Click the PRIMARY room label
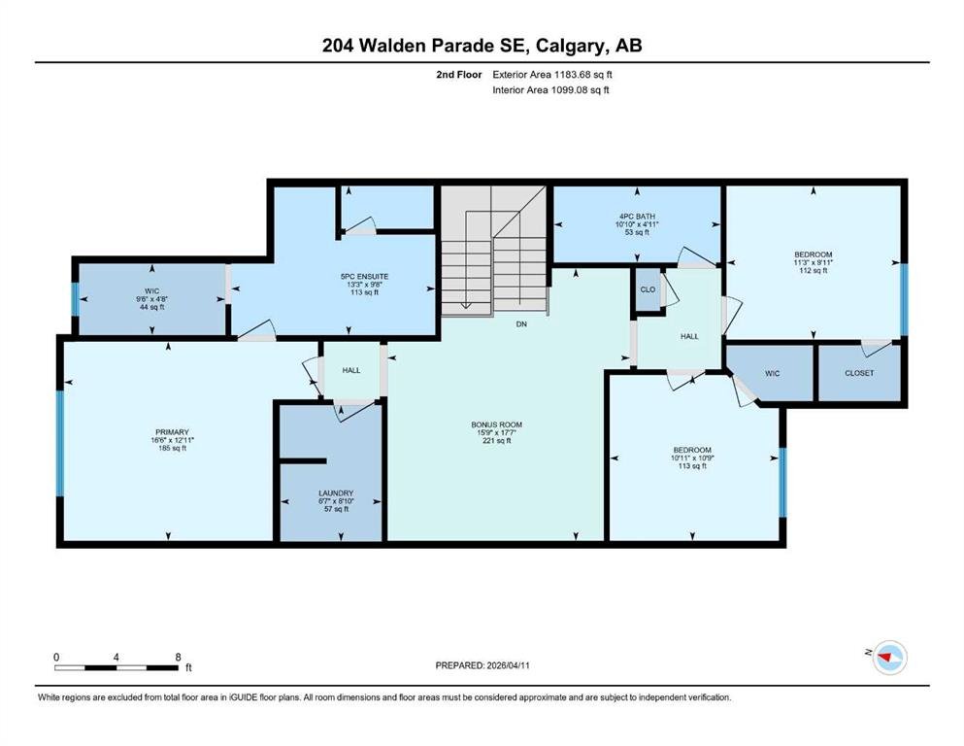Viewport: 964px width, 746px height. [172, 432]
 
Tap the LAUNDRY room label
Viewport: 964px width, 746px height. [336, 493]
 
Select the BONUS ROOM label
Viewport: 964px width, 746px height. [497, 424]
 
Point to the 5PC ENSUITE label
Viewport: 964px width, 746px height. [365, 277]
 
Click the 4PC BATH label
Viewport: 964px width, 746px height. [637, 217]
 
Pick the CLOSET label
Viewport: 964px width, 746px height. [859, 373]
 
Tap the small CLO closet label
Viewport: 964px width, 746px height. [648, 289]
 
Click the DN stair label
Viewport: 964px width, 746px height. [521, 324]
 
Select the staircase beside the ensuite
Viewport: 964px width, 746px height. [494, 251]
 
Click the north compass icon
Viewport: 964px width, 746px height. [889, 658]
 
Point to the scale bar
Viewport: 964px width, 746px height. [116, 667]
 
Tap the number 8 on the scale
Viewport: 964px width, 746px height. [179, 657]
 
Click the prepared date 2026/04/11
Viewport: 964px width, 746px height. [508, 665]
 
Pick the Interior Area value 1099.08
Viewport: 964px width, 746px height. [569, 89]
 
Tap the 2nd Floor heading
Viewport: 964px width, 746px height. [458, 75]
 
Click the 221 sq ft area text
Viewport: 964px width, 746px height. [497, 440]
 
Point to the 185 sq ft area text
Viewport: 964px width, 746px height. [172, 449]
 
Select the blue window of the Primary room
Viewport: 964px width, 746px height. [60, 443]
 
